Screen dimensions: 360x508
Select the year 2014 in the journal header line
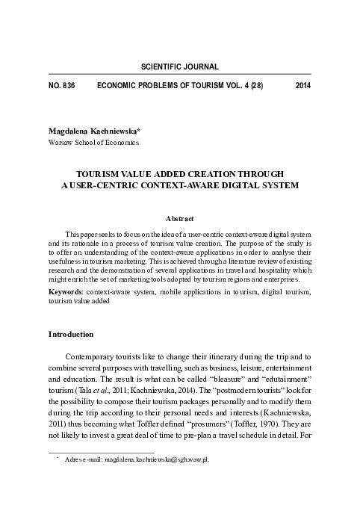pos(302,85)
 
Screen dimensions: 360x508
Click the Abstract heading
pos(179,218)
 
